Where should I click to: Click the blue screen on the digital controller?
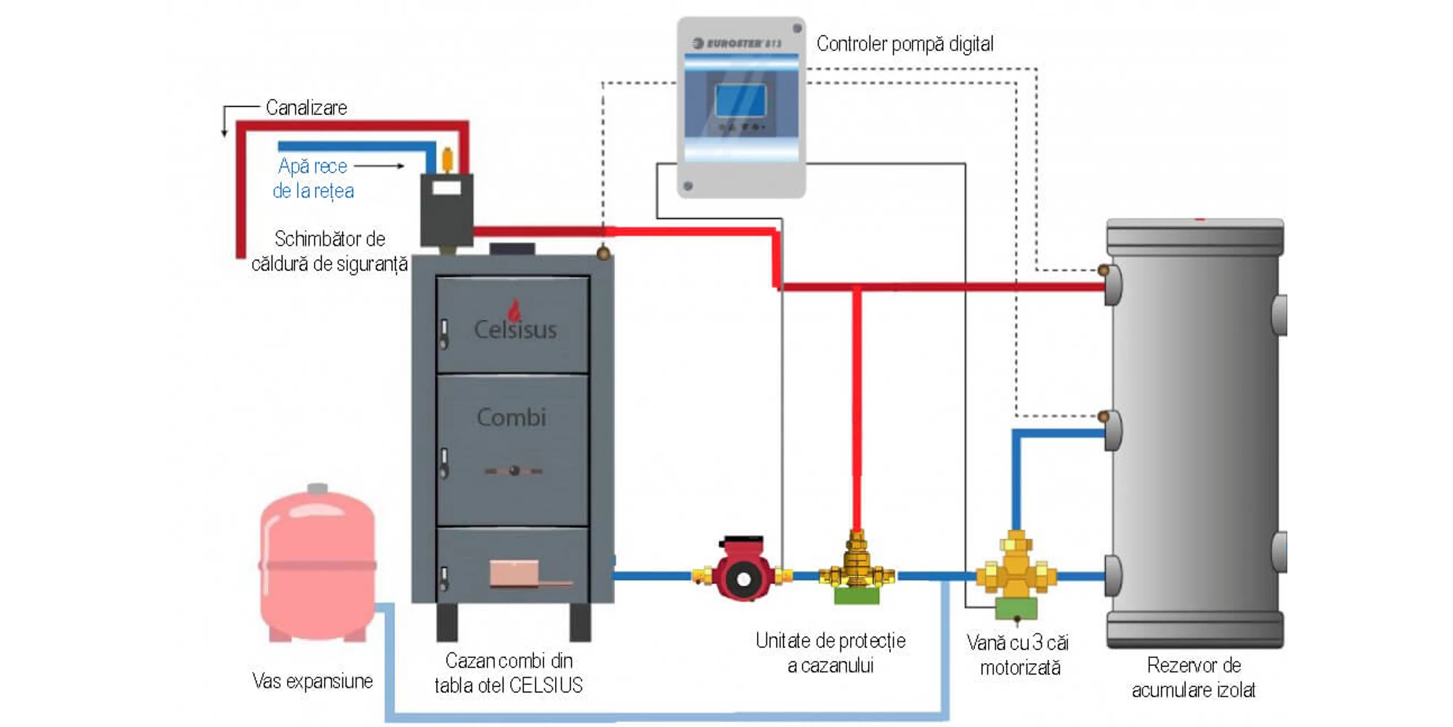click(740, 100)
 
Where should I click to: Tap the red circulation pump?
click(742, 574)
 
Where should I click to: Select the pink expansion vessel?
click(317, 563)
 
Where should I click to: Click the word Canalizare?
click(306, 108)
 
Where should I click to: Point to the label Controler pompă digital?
click(904, 44)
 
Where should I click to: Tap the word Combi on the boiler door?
click(511, 417)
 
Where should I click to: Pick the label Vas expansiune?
click(312, 681)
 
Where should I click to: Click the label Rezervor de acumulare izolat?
click(1194, 678)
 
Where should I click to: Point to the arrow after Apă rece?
click(379, 166)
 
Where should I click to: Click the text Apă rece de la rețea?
click(313, 178)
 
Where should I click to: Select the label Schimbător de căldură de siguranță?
click(329, 251)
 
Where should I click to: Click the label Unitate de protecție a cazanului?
click(830, 653)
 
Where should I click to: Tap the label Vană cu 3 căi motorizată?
click(1019, 655)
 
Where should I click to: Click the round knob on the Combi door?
click(514, 470)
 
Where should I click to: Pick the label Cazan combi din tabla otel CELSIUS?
click(509, 672)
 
